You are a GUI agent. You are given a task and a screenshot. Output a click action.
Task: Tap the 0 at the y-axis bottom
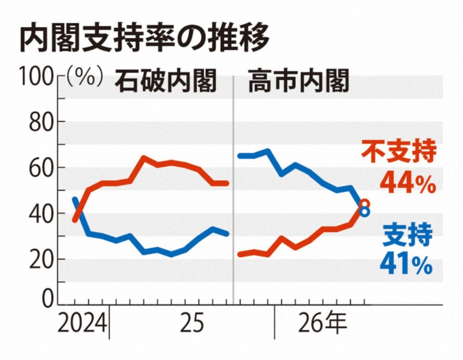(x=48, y=299)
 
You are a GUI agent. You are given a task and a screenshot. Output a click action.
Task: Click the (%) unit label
(x=84, y=77)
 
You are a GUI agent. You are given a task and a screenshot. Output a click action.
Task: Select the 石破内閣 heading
(x=165, y=80)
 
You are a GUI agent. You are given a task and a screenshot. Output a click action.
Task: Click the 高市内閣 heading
(x=299, y=80)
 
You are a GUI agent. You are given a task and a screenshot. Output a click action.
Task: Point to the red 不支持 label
(x=399, y=152)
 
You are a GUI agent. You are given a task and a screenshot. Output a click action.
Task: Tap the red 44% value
(x=408, y=183)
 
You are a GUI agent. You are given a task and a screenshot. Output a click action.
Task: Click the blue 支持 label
(x=408, y=235)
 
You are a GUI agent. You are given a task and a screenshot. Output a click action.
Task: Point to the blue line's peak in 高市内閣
(x=268, y=151)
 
